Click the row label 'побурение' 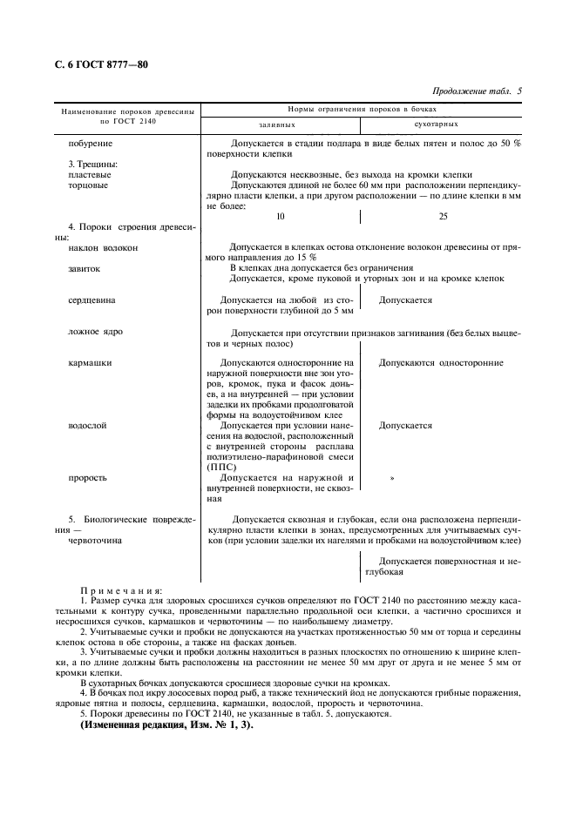(87, 143)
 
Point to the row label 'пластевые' (88, 174)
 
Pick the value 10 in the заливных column (280, 217)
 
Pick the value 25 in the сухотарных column (443, 217)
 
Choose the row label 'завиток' (85, 268)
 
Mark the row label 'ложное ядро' (95, 332)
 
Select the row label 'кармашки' (89, 362)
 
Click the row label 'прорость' (88, 478)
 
